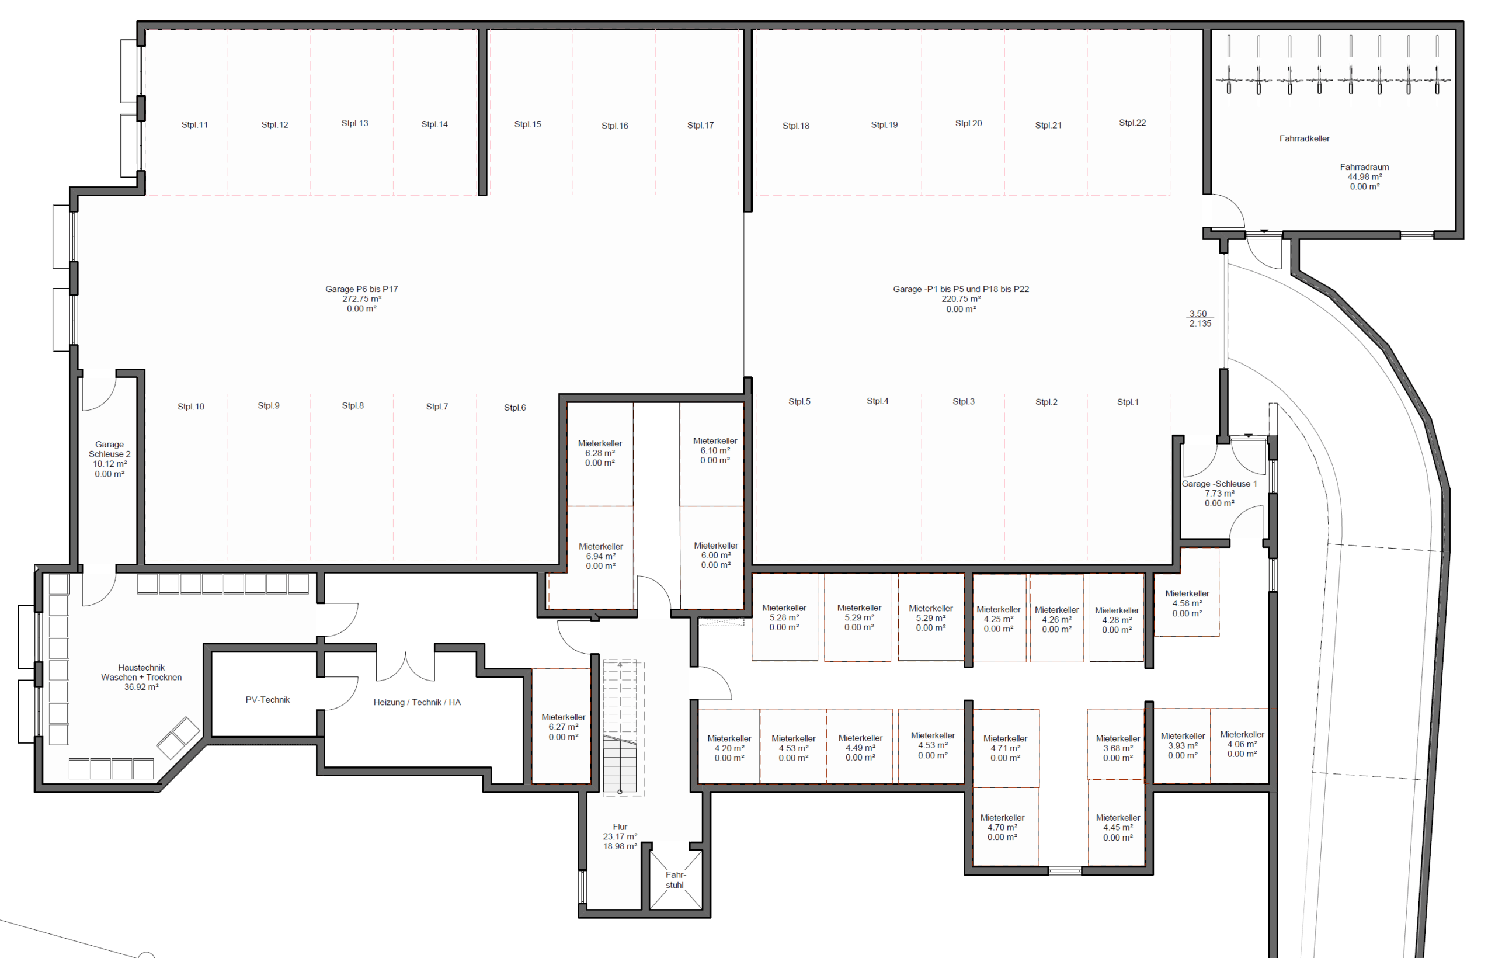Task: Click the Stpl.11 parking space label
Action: point(194,125)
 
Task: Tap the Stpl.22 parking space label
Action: point(1132,123)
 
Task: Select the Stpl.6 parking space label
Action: point(515,408)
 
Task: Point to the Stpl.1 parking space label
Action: point(1128,402)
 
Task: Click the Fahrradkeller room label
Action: point(1304,138)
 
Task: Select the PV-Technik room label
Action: point(267,700)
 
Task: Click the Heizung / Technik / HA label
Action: point(416,702)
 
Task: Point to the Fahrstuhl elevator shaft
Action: point(675,880)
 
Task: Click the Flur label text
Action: point(620,827)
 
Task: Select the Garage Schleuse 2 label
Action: point(109,450)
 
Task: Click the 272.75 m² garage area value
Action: point(361,299)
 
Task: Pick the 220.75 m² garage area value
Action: point(961,299)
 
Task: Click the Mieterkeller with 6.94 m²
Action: point(601,556)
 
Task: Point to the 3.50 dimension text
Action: point(1198,314)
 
